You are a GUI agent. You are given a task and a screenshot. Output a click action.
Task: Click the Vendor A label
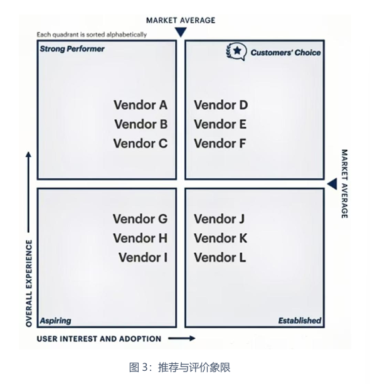140,105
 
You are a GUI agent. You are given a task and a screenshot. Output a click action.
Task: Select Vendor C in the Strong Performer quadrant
140,144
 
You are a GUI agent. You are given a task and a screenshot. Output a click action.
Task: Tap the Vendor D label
221,105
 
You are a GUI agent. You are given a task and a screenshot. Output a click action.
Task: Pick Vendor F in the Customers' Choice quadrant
219,144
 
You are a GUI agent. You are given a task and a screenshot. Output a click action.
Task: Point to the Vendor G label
140,219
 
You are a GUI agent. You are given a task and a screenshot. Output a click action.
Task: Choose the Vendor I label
143,258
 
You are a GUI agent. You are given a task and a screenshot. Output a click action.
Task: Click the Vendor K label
221,238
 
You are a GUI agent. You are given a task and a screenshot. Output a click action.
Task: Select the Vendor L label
219,258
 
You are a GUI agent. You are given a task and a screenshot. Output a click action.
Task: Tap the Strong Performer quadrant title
72,49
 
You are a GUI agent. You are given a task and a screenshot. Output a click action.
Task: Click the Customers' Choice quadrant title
285,53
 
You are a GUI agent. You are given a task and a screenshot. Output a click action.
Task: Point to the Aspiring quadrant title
56,321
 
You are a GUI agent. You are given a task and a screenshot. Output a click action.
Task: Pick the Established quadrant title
300,321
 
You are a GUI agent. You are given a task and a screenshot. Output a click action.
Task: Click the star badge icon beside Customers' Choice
236,51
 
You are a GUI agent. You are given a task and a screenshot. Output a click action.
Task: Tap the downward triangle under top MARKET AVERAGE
181,32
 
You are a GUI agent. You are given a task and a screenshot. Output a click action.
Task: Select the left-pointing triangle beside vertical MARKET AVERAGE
332,184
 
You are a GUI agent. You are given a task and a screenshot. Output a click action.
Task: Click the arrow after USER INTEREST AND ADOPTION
182,338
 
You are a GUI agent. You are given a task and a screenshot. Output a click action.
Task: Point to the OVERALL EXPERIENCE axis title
29,284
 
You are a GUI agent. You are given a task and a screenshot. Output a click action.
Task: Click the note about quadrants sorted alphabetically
92,35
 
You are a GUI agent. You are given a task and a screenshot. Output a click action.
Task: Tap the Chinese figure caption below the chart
180,367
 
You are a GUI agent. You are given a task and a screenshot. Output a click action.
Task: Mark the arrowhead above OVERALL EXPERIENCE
29,154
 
